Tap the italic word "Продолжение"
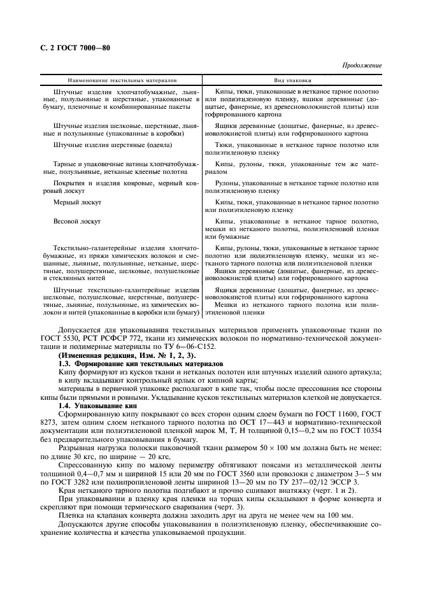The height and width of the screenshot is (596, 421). pos(362,66)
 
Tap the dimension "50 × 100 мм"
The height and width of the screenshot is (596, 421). pos(246,446)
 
